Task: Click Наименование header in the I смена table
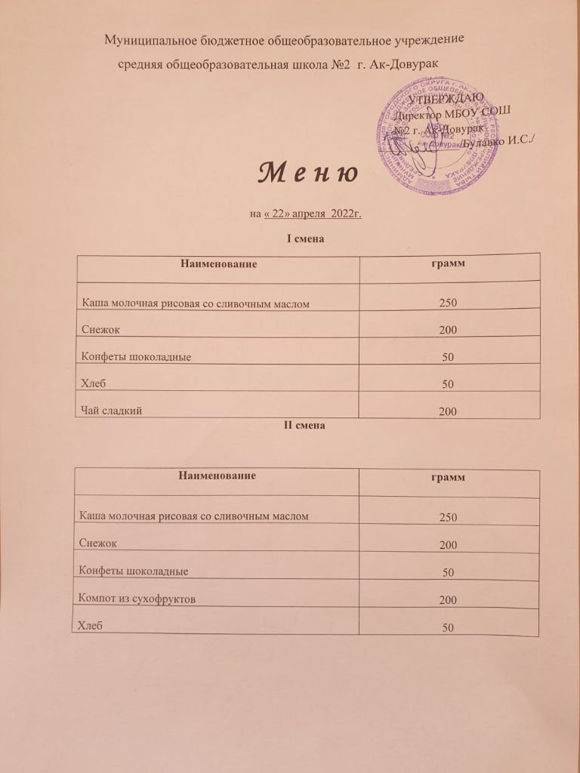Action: [x=216, y=264]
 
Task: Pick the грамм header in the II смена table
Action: [x=447, y=479]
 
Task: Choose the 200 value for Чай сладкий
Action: [x=447, y=412]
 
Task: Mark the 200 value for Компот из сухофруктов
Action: [x=448, y=600]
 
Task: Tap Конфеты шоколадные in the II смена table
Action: [x=133, y=571]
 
